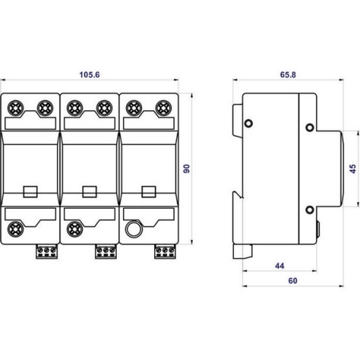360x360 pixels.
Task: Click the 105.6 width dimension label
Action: [x=89, y=73]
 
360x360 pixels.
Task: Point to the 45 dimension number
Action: [x=352, y=169]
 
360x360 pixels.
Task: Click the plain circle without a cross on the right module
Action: [x=133, y=231]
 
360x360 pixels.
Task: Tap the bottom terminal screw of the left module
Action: [x=14, y=231]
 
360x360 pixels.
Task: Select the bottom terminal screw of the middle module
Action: [x=73, y=231]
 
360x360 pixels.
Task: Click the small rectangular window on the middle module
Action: [x=90, y=192]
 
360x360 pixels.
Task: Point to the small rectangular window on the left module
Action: [x=30, y=192]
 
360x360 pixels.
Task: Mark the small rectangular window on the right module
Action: [x=149, y=192]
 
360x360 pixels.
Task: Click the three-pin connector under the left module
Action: [x=45, y=252]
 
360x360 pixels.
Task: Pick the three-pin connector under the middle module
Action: [x=105, y=252]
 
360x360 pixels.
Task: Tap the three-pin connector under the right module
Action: [x=164, y=252]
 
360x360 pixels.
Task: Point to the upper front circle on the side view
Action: [x=310, y=128]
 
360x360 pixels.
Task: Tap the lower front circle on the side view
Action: [x=310, y=210]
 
